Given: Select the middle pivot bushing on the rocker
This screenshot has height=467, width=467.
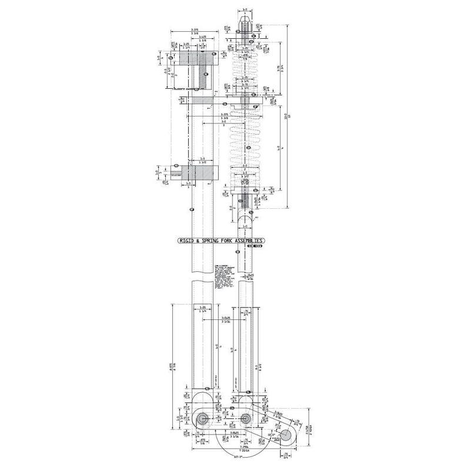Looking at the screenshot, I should pyautogui.click(x=246, y=418).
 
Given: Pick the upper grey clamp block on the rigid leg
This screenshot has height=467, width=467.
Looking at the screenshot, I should pyautogui.click(x=196, y=59).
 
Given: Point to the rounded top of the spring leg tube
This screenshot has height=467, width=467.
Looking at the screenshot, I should pyautogui.click(x=246, y=219).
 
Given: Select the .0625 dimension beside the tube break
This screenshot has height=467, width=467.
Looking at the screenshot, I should pyautogui.click(x=250, y=275).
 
